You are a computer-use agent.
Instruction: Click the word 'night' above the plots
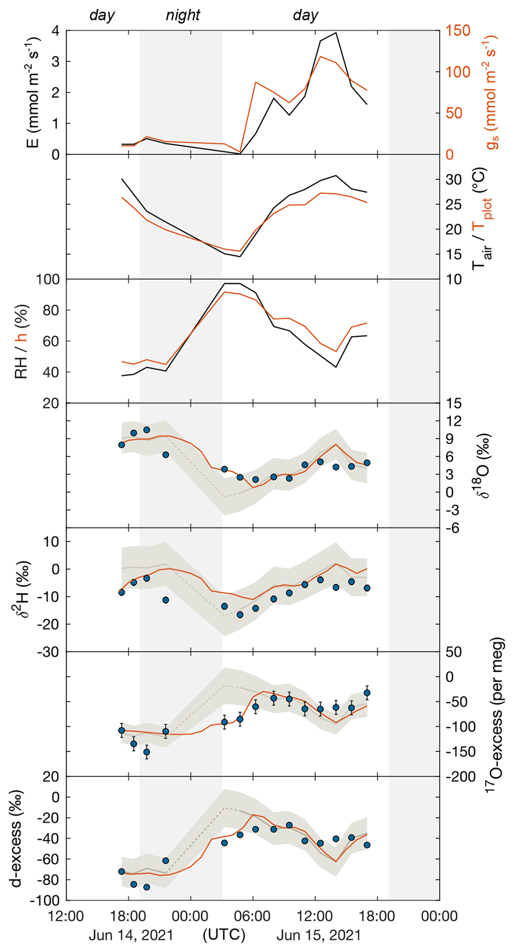tap(183, 15)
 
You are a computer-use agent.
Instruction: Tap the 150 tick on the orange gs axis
tap(458, 31)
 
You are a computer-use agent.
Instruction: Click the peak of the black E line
tap(336, 33)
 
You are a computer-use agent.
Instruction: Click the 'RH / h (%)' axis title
tap(22, 341)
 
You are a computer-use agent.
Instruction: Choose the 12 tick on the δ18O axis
tap(454, 421)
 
